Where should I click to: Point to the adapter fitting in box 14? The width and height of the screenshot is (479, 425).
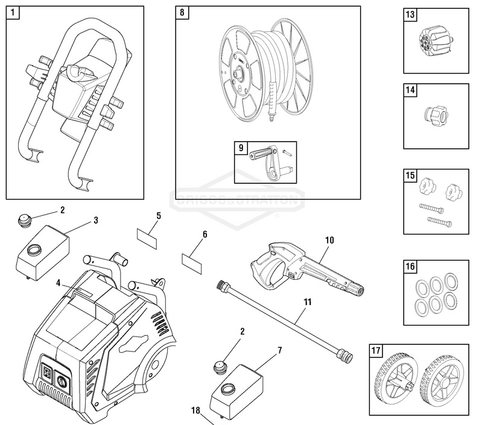tap(434, 115)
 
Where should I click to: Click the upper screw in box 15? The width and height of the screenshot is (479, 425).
tap(430, 209)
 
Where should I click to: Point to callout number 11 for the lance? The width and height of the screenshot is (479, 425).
tap(308, 299)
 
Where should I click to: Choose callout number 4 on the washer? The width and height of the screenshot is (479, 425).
tap(58, 282)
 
